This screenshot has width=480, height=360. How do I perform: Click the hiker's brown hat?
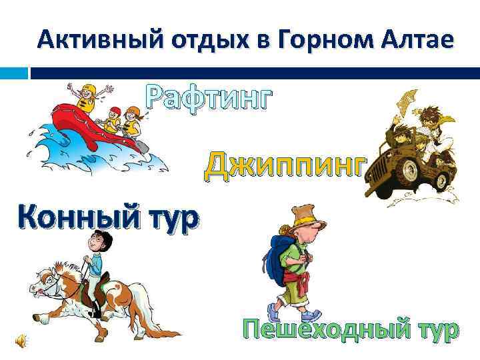click(304, 217)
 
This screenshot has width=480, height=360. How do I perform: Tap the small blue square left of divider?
click(23, 71)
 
